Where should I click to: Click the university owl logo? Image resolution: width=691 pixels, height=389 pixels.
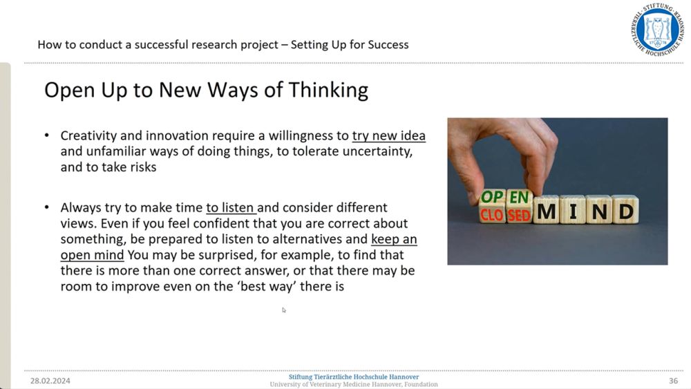click(658, 30)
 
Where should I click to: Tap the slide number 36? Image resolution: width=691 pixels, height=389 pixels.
click(673, 381)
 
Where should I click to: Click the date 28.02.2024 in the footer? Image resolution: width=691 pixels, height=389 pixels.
click(50, 381)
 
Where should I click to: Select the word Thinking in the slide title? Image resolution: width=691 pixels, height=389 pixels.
click(328, 91)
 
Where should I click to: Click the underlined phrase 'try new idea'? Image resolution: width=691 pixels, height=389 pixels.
click(388, 135)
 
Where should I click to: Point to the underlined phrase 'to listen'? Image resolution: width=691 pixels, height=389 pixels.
click(231, 207)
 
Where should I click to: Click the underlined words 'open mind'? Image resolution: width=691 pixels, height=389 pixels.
click(92, 255)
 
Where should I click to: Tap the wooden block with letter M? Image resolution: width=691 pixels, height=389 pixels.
click(547, 210)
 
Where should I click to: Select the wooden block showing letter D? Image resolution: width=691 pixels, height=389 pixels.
click(625, 210)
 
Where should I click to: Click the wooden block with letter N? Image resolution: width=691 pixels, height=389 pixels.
click(599, 210)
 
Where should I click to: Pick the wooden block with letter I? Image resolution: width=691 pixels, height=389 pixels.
click(573, 210)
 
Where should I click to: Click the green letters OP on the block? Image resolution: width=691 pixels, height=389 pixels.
click(492, 196)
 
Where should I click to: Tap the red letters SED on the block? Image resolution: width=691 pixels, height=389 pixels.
click(519, 216)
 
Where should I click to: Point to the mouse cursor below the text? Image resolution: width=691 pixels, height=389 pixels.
click(284, 310)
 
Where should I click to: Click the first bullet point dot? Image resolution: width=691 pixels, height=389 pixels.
click(47, 135)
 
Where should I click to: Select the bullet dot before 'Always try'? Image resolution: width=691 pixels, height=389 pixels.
click(47, 207)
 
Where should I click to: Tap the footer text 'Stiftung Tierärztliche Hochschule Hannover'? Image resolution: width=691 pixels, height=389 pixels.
click(354, 377)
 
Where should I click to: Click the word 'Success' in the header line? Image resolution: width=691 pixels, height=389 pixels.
click(388, 44)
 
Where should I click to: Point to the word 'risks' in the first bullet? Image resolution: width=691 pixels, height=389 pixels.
click(143, 167)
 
